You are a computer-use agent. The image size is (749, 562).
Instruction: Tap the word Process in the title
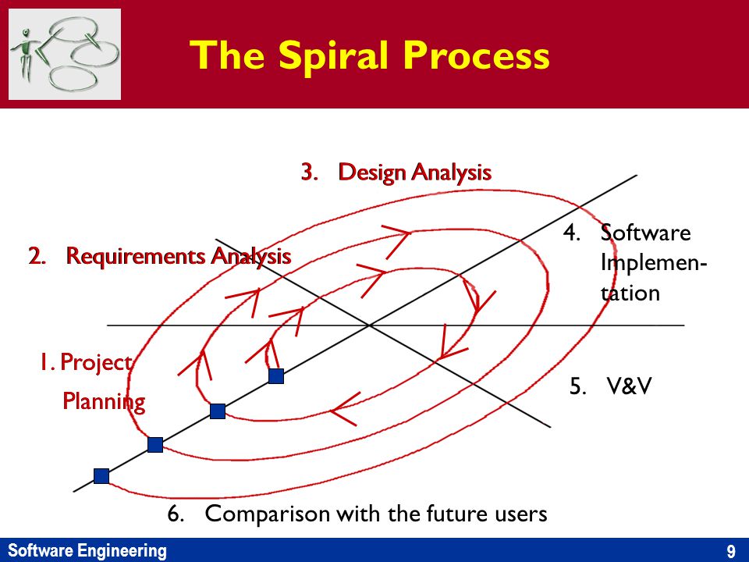(477, 55)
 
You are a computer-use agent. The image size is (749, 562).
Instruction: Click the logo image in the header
(65, 54)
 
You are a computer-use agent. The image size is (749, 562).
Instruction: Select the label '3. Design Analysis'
(396, 172)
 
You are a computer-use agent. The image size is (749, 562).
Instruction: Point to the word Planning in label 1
(104, 401)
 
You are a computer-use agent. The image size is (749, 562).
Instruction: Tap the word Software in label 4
(645, 233)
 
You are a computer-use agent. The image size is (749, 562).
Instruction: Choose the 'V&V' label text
(629, 386)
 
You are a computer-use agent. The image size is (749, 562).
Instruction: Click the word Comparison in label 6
(268, 514)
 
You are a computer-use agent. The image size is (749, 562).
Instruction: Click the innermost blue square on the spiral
(276, 376)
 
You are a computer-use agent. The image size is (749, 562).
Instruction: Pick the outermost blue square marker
(101, 476)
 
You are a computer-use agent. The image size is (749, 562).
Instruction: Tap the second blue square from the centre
(218, 411)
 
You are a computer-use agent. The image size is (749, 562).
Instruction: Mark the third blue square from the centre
(155, 445)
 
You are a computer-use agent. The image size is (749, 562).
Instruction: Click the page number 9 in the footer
(731, 551)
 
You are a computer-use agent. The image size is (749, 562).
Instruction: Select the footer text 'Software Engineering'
(87, 550)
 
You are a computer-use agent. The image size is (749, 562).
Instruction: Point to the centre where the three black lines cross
(369, 325)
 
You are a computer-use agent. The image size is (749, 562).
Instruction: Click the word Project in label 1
(96, 362)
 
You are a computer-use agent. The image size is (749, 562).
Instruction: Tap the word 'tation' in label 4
(630, 293)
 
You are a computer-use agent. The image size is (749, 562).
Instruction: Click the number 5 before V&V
(577, 386)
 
